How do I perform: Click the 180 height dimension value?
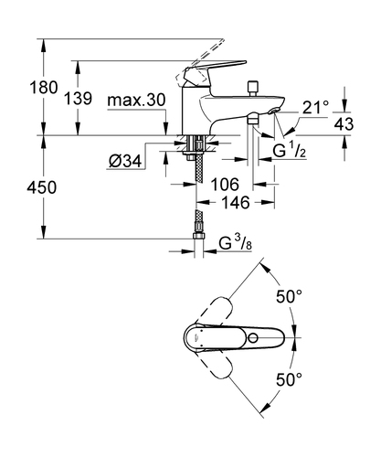pos(44,88)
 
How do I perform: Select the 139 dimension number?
pos(78,99)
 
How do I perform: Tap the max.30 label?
pos(136,100)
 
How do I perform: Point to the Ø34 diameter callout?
pos(125,161)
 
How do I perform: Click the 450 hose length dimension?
pos(42,187)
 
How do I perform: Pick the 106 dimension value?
pos(225,185)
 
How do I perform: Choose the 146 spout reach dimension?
pos(236,202)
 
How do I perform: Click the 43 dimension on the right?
pos(344,124)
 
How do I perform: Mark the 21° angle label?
pos(315,107)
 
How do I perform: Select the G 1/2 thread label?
pos(289,151)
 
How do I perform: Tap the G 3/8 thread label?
pos(235,243)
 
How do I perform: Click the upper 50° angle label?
pos(289,296)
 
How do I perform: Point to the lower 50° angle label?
pos(289,379)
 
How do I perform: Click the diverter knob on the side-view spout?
pos(253,89)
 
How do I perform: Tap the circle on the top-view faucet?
pos(253,338)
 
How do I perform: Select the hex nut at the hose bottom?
pos(198,237)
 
